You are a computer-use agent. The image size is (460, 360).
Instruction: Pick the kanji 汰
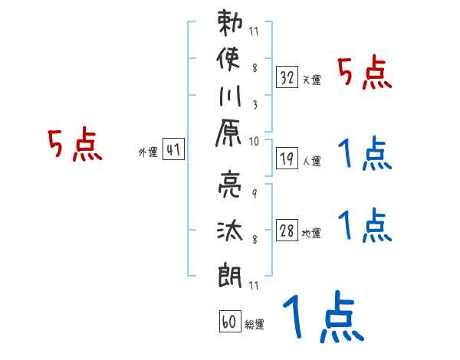click(230, 227)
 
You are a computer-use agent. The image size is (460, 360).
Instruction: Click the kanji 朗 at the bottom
click(230, 270)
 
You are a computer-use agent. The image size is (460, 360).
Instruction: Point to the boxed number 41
click(173, 150)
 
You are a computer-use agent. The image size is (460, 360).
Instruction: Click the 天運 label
click(311, 80)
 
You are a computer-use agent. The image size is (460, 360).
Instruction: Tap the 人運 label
click(311, 161)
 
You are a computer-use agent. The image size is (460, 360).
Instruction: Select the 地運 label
click(311, 233)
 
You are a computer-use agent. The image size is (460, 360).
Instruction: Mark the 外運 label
click(147, 152)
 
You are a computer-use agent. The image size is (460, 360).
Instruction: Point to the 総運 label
click(255, 325)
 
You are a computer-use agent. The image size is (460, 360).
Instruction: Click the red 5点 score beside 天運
click(365, 74)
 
